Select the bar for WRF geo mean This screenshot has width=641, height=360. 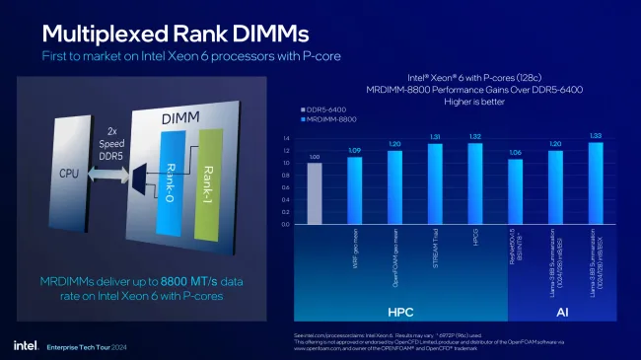coord(354,190)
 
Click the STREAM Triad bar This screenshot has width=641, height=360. coord(435,183)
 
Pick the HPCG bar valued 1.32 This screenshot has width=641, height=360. coord(475,183)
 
